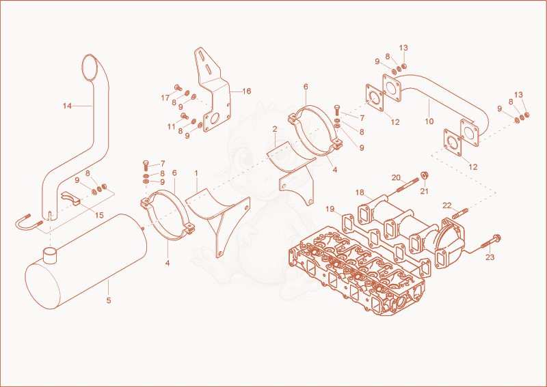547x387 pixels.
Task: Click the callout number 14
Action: [67, 106]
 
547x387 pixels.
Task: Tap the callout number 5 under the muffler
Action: [109, 300]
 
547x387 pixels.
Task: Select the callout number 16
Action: [247, 91]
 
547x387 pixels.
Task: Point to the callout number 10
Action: [429, 121]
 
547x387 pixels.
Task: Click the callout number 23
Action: [490, 257]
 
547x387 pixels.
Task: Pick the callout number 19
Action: [330, 209]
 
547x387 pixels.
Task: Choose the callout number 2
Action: [275, 129]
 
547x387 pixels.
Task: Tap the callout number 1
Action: [196, 173]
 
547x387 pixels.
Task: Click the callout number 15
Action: [99, 215]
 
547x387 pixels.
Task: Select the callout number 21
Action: [424, 191]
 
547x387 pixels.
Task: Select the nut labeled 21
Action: [425, 175]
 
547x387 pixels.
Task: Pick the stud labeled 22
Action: [460, 214]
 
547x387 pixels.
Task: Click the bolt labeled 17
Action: [178, 87]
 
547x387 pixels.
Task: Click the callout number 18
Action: [360, 192]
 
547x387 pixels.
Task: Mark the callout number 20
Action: [396, 177]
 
